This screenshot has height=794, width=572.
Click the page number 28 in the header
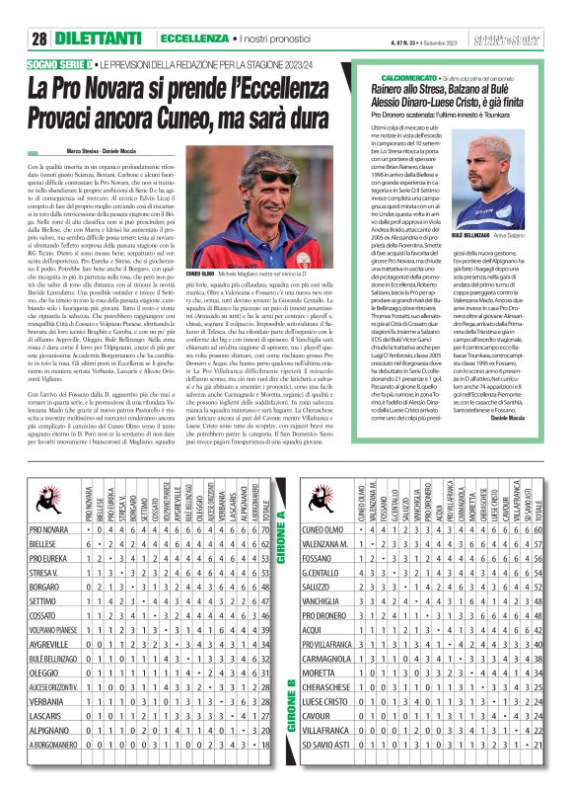[39, 39]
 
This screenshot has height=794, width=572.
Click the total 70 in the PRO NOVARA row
[269, 558]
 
